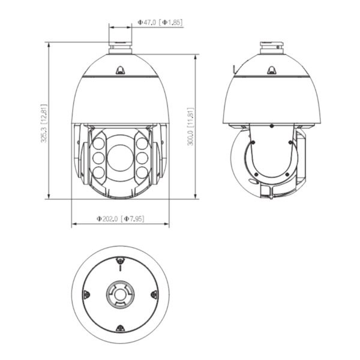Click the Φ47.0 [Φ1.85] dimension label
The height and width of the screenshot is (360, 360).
160,22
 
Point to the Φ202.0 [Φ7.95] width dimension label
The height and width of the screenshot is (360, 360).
120,219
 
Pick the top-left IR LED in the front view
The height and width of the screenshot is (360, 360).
98,144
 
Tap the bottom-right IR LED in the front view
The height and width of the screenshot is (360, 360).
142,172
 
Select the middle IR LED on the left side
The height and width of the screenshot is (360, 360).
98,158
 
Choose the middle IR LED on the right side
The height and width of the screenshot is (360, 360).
142,158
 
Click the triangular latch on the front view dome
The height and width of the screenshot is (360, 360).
120,70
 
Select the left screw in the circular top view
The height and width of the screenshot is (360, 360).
86,294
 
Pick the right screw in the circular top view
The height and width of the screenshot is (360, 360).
154,294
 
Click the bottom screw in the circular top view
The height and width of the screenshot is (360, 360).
120,328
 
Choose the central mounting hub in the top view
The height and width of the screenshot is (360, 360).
120,294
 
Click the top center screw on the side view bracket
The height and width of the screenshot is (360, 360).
272,127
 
